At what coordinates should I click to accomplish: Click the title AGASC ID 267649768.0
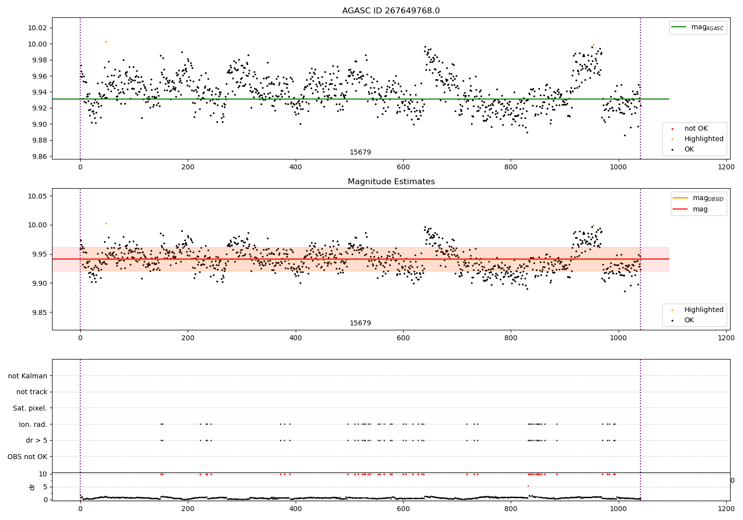click(x=391, y=11)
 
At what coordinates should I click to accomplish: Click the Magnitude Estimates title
click(x=391, y=182)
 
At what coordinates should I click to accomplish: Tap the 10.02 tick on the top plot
click(x=37, y=28)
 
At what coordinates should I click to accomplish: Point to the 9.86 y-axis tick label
click(x=37, y=156)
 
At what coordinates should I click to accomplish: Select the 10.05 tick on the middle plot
click(x=37, y=196)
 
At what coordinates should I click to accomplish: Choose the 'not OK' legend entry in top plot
click(x=695, y=129)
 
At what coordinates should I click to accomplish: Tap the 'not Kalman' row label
click(x=28, y=376)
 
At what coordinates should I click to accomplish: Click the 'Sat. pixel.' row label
click(x=30, y=408)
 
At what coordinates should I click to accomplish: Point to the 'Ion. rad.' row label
click(x=33, y=424)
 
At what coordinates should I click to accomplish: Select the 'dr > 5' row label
click(x=36, y=440)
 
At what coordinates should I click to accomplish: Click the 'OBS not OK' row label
click(x=27, y=457)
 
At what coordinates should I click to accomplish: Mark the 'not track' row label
click(x=32, y=392)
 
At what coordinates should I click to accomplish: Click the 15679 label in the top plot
click(x=360, y=153)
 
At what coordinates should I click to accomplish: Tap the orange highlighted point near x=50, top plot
click(x=106, y=42)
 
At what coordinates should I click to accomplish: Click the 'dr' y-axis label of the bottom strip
click(x=32, y=487)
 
